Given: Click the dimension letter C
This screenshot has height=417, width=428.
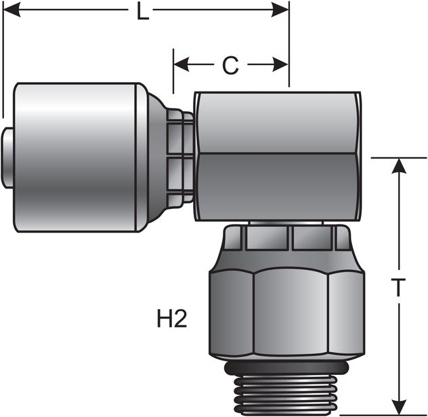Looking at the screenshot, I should pos(231,66).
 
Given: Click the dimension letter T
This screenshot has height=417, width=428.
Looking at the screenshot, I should pos(400,287).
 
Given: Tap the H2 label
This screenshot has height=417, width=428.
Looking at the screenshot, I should pos(172,319).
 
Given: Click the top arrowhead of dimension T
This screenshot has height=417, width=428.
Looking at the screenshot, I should pos(400,167).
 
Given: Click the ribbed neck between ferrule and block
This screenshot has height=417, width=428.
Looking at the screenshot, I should pos(179,158).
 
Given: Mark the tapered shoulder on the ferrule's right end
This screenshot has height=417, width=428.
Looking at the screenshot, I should pos(156,157).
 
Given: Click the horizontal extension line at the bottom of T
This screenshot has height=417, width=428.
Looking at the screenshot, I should pos(383,414).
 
